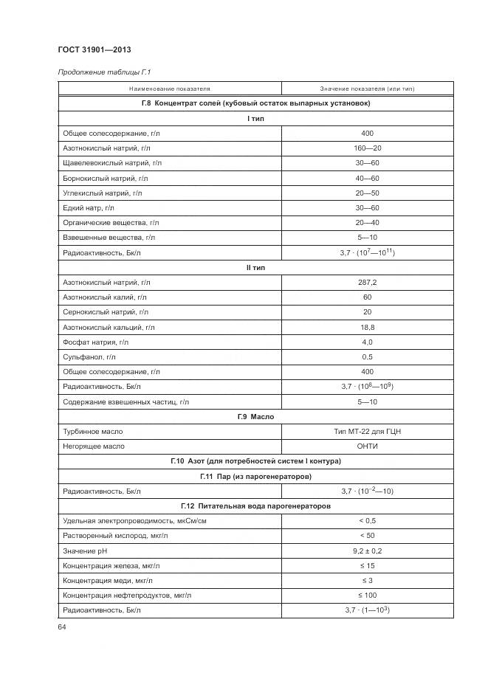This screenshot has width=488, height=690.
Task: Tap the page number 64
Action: click(x=62, y=627)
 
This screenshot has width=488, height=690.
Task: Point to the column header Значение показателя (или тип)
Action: click(x=367, y=89)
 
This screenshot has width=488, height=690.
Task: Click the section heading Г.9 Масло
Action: click(x=255, y=416)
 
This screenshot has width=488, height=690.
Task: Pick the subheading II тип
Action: click(x=255, y=267)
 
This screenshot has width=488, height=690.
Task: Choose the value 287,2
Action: click(x=367, y=282)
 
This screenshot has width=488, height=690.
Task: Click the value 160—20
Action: click(x=367, y=148)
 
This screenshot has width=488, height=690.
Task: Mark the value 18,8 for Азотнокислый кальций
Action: click(x=367, y=327)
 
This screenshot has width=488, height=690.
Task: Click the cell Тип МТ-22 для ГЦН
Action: click(x=367, y=431)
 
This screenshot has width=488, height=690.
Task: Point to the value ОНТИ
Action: click(x=367, y=446)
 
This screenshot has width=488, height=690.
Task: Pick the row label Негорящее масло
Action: click(x=94, y=446)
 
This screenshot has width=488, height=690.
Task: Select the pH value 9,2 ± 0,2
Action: click(x=367, y=551)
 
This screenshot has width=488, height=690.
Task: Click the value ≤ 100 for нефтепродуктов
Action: click(x=367, y=595)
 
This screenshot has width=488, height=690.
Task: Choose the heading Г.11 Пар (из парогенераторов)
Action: click(x=255, y=476)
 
